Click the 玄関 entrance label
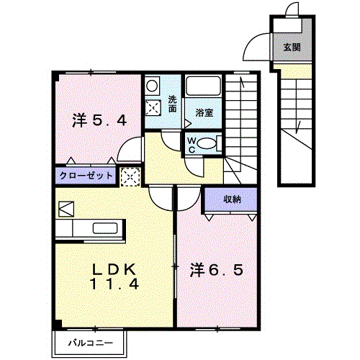click(x=292, y=48)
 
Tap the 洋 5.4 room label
click(x=99, y=121)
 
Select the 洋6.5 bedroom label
click(x=217, y=270)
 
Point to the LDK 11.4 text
click(x=114, y=277)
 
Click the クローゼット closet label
click(x=86, y=176)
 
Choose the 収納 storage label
click(x=232, y=199)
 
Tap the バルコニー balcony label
click(x=91, y=343)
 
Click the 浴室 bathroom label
click(x=204, y=112)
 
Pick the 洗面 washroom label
click(x=172, y=104)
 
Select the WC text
click(x=192, y=145)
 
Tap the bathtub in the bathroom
click(x=204, y=86)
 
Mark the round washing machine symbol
click(x=152, y=86)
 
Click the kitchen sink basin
click(x=105, y=228)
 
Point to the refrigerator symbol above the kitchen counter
click(x=66, y=209)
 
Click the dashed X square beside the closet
click(x=130, y=177)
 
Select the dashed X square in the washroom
click(x=153, y=108)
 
